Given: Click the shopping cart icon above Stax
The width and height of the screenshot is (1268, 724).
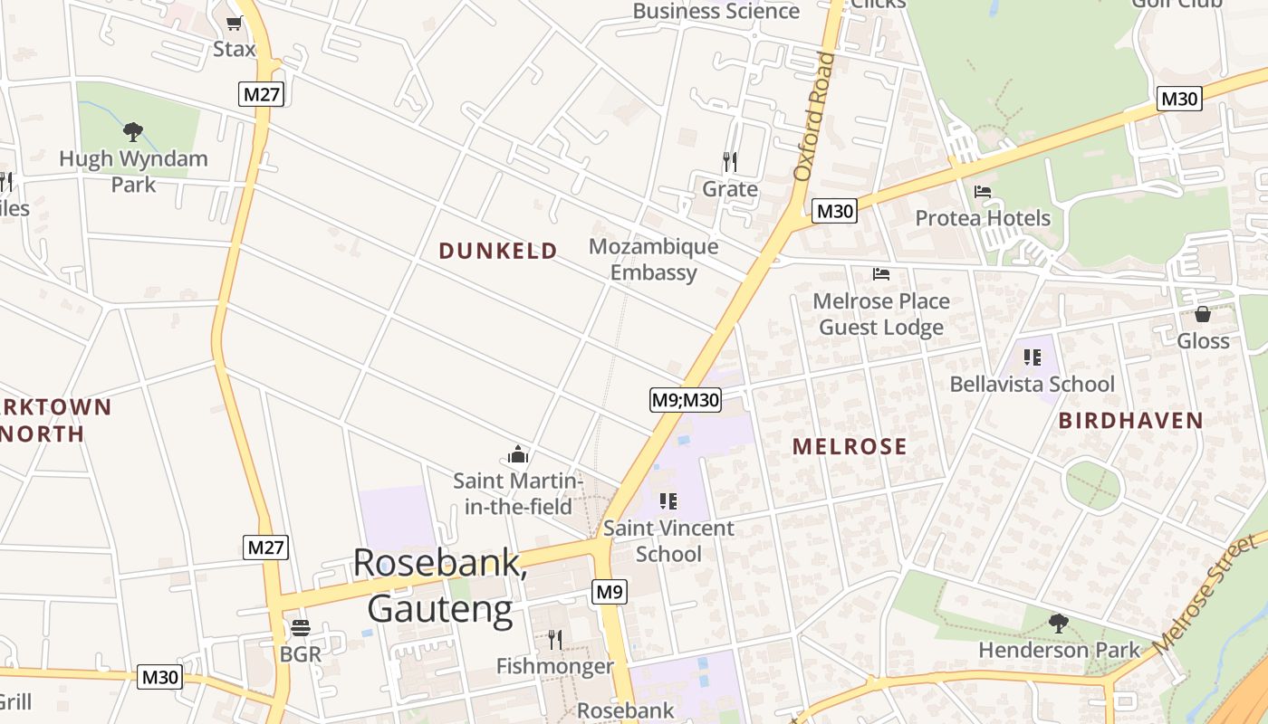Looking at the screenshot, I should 235,23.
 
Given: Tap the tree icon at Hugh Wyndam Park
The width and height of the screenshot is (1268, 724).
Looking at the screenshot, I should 133,132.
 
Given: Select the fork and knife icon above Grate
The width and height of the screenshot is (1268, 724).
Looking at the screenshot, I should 730,162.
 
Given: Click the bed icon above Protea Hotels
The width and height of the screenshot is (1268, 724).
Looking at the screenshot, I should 983,192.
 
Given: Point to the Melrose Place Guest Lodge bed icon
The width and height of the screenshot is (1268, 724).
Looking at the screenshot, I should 881,273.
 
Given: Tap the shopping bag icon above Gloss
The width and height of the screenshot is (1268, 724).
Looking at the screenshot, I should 1203,314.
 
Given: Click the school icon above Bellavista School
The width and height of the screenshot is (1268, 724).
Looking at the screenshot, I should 1032,357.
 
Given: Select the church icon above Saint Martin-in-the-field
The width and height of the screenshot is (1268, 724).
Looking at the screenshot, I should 518,454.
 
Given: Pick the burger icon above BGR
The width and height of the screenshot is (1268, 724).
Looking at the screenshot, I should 301,627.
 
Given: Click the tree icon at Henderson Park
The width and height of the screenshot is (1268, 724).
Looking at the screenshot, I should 1059,624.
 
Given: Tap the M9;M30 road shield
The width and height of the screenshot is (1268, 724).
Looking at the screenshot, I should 686,399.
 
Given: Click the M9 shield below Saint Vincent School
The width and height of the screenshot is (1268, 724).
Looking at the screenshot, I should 610,592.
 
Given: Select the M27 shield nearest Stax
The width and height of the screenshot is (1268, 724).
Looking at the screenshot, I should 262,93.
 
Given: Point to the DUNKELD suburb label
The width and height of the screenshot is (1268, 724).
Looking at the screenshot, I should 498,252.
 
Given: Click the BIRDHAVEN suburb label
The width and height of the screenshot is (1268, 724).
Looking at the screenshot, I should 1130,420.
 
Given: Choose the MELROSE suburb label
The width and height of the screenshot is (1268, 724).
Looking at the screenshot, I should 850,446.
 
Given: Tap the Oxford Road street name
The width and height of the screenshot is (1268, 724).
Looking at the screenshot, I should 814,116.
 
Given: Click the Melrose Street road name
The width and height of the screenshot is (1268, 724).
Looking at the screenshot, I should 1206,595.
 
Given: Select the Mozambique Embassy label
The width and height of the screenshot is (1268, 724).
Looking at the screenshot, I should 653,259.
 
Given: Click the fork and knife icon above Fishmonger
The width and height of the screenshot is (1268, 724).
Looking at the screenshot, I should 555,640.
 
